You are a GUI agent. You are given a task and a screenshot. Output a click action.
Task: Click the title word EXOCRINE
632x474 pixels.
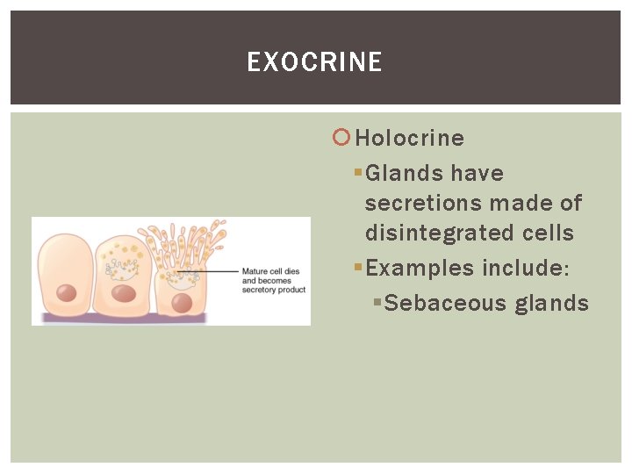click(x=314, y=62)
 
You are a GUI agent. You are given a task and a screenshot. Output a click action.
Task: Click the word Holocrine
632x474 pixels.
click(x=410, y=138)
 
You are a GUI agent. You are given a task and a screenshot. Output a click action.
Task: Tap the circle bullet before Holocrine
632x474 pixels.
click(x=342, y=137)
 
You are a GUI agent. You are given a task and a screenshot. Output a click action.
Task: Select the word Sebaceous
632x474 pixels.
click(x=446, y=303)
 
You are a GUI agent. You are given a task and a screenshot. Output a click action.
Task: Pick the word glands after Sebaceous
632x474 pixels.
click(x=552, y=303)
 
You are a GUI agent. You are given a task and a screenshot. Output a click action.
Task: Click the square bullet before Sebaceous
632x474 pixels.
click(x=377, y=302)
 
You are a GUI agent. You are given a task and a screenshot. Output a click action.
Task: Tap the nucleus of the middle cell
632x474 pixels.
click(x=124, y=293)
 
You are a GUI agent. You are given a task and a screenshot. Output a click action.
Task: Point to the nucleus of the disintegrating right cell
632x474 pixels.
click(x=182, y=303)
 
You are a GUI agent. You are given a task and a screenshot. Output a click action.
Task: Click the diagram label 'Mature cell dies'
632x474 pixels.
click(x=270, y=272)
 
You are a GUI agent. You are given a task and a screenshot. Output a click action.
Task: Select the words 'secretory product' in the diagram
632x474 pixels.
click(x=274, y=290)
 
